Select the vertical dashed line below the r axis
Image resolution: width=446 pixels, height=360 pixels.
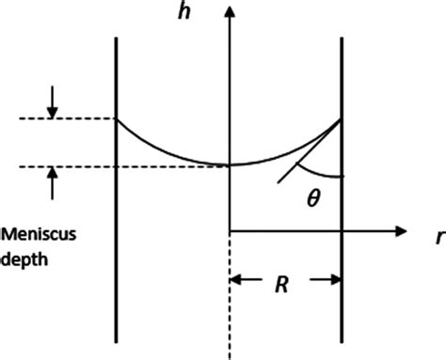point(230,301)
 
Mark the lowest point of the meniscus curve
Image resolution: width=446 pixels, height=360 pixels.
point(230,165)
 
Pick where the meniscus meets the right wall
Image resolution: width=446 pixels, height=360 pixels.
point(341,118)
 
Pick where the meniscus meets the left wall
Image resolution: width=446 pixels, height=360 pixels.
point(116,118)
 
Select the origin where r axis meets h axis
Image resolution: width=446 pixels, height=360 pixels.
point(230,230)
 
